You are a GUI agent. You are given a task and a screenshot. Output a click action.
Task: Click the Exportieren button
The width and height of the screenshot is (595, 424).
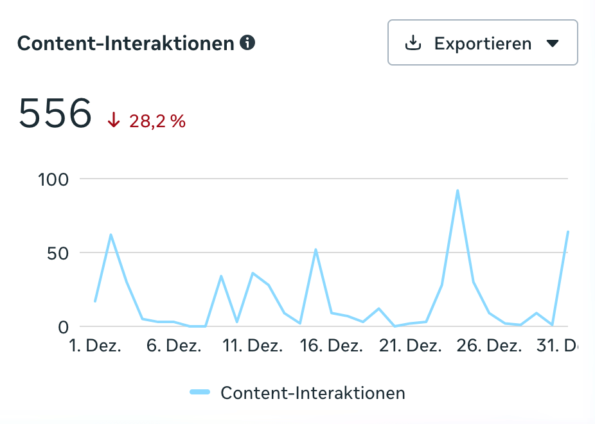click(x=482, y=43)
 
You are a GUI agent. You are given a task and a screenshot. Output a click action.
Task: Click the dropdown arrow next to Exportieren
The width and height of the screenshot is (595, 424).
click(x=553, y=44)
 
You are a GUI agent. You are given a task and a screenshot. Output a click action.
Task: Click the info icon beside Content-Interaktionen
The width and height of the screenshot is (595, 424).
click(x=247, y=43)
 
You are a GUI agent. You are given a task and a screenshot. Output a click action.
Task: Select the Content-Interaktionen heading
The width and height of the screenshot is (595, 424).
click(x=125, y=44)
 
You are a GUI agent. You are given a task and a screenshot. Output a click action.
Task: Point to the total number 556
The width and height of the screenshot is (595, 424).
click(x=55, y=114)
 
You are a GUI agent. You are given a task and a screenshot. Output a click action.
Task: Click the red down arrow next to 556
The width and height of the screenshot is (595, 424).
click(x=114, y=120)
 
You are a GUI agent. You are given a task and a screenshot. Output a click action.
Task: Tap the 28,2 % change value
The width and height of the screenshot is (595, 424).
click(x=157, y=121)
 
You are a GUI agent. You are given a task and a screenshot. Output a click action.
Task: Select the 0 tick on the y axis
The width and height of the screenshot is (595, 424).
click(x=63, y=327)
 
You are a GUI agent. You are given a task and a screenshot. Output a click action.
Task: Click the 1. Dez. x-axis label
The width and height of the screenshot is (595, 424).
click(x=94, y=346)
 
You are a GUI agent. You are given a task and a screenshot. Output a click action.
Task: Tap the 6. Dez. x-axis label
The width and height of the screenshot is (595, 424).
click(x=174, y=346)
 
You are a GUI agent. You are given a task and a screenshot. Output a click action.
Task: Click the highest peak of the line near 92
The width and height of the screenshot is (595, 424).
click(x=457, y=190)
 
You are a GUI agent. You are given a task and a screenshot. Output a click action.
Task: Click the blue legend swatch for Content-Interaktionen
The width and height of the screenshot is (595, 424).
click(x=200, y=392)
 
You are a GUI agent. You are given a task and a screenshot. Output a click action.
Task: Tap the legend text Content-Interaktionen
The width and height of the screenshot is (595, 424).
click(x=312, y=393)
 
